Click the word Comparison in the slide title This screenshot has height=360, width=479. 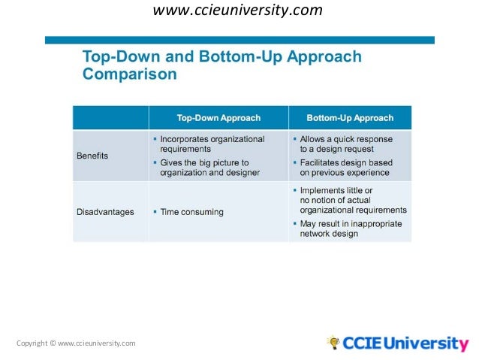pyautogui.click(x=129, y=74)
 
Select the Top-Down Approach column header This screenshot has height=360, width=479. pyautogui.click(x=218, y=118)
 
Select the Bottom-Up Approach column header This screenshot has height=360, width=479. pyautogui.click(x=350, y=118)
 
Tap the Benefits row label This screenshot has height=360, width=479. pyautogui.click(x=92, y=156)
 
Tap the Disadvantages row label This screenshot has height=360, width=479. pyautogui.click(x=105, y=212)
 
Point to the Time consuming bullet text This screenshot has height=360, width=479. pyautogui.click(x=191, y=212)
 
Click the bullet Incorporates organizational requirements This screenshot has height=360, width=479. pyautogui.click(x=212, y=144)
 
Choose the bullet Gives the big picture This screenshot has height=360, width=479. pyautogui.click(x=209, y=168)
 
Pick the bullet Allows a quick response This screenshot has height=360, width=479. pyautogui.click(x=345, y=144)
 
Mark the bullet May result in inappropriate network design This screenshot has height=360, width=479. pyautogui.click(x=350, y=228)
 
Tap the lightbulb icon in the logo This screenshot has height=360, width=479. pyautogui.click(x=333, y=343)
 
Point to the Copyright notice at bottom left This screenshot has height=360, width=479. pyautogui.click(x=76, y=343)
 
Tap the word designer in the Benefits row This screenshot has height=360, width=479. pyautogui.click(x=242, y=173)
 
